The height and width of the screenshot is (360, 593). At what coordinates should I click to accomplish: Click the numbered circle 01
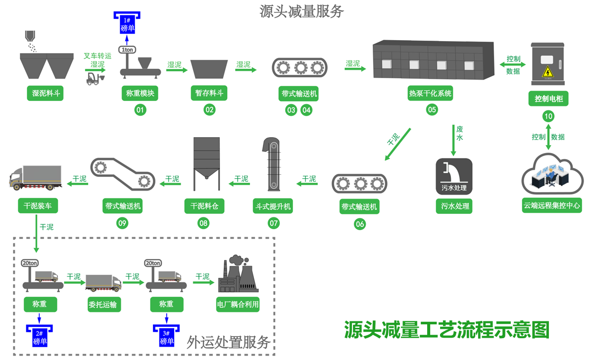(x=141, y=110)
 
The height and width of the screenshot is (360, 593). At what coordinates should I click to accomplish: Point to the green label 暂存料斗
(x=209, y=93)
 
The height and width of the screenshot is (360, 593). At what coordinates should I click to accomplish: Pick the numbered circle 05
(x=432, y=109)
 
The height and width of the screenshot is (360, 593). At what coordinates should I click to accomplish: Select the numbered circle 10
(x=548, y=117)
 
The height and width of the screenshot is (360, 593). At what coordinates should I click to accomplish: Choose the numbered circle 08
(x=203, y=223)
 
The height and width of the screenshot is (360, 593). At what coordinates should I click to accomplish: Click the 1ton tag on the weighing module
(x=127, y=50)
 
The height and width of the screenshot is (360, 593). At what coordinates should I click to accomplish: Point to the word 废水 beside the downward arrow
(x=459, y=134)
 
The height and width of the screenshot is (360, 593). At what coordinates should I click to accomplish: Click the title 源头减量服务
(x=301, y=11)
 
